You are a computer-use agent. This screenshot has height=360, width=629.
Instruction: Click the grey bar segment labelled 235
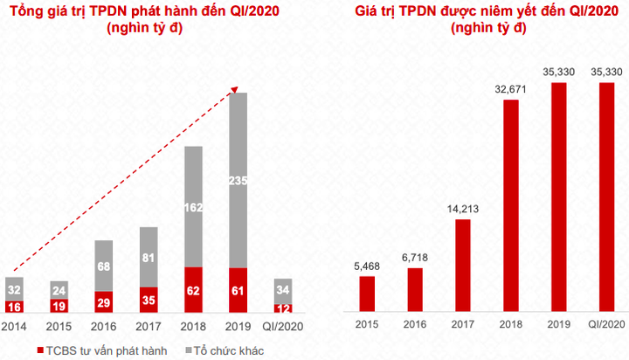click(x=238, y=180)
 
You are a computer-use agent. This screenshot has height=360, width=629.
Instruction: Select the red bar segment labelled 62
click(x=194, y=289)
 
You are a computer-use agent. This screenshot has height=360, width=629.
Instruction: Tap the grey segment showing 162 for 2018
click(x=194, y=207)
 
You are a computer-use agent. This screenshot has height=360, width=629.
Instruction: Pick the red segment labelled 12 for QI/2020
click(x=283, y=308)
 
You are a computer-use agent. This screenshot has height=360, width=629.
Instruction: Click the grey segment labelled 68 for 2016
click(x=104, y=266)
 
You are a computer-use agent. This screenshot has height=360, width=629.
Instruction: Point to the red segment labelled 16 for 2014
click(x=15, y=307)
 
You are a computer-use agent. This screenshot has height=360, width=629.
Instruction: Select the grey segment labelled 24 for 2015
click(x=59, y=289)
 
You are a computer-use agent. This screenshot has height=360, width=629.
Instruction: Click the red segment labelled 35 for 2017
click(x=149, y=299)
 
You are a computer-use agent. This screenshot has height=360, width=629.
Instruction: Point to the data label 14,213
click(x=462, y=209)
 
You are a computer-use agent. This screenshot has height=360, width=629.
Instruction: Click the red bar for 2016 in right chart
click(x=416, y=289)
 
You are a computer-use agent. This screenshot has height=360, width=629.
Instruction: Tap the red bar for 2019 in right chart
click(x=558, y=197)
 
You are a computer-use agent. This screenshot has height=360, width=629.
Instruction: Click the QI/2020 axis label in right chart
click(x=605, y=324)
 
